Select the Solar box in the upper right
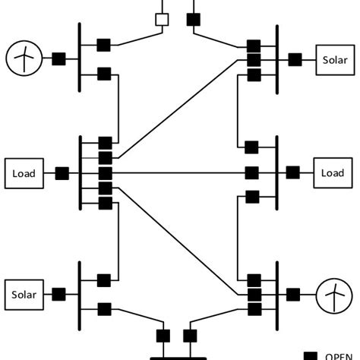point(334,59)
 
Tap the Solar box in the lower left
point(24,293)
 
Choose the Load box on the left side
point(24,173)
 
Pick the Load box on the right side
point(333,172)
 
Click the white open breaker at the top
point(162,19)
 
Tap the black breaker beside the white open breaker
point(194,19)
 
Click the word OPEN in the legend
point(339,355)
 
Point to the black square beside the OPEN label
point(310,355)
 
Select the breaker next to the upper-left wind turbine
point(58,58)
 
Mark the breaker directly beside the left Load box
point(62,173)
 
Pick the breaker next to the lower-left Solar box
point(57,293)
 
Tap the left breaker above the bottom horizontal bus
point(163,335)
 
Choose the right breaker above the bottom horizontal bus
point(191,335)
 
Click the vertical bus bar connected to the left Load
point(80,172)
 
